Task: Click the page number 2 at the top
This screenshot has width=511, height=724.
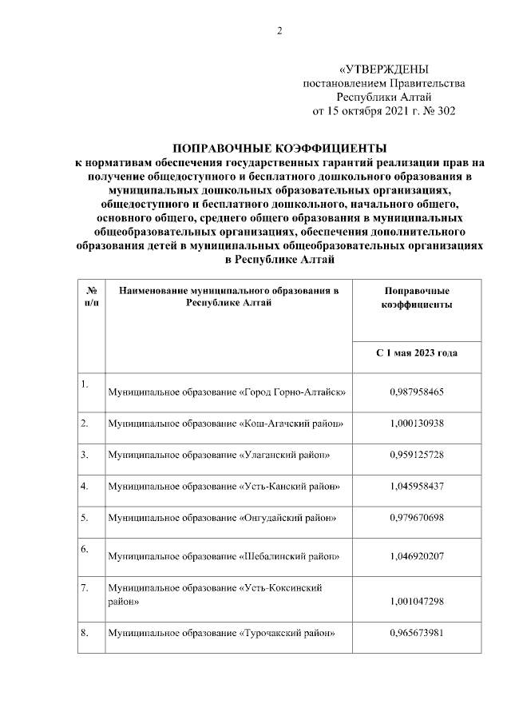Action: pyautogui.click(x=279, y=31)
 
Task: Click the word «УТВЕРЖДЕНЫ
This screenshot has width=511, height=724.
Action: pyautogui.click(x=389, y=70)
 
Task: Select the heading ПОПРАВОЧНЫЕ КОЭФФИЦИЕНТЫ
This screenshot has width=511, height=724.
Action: pyautogui.click(x=279, y=149)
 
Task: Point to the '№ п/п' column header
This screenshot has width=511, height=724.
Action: pyautogui.click(x=92, y=297)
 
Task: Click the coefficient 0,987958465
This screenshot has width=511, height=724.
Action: pyautogui.click(x=417, y=392)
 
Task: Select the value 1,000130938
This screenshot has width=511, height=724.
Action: pyautogui.click(x=417, y=422)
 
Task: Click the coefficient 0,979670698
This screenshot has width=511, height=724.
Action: pyautogui.click(x=417, y=517)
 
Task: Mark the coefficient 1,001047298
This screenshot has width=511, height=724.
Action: pyautogui.click(x=417, y=602)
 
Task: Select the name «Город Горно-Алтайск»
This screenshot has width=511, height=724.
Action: pyautogui.click(x=292, y=392)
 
